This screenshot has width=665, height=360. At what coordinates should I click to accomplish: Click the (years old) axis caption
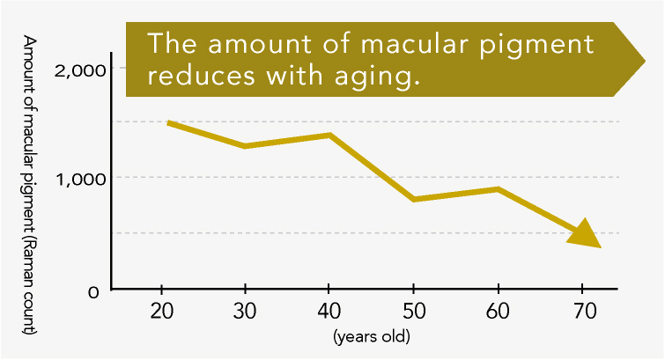(372, 336)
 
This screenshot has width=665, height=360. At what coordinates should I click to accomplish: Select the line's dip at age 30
(245, 146)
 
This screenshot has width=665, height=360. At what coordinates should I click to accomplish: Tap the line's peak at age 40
(329, 135)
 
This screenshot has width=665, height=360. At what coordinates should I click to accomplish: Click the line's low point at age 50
(413, 200)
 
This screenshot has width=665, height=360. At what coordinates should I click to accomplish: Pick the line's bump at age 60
(498, 189)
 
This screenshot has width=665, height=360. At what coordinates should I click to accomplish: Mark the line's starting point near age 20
(169, 123)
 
